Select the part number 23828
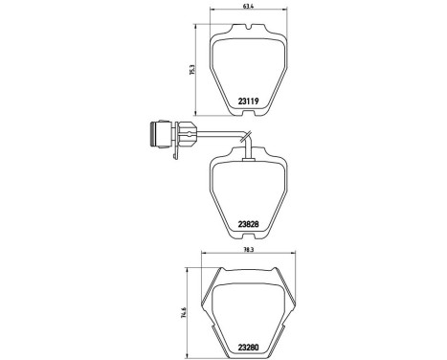(x=248, y=225)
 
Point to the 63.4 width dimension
(x=247, y=10)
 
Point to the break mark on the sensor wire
(x=245, y=137)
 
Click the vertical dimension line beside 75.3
(x=197, y=72)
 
